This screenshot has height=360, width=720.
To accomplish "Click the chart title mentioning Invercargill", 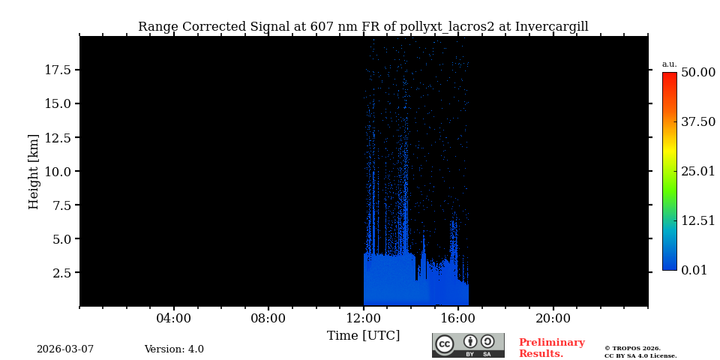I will [363, 27].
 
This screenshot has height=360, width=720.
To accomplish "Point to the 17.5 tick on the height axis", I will [58, 70].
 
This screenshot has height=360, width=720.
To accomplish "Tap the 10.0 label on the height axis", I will [58, 171].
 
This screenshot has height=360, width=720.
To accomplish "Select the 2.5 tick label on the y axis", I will [61, 272].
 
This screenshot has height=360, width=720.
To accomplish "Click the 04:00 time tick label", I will [174, 319].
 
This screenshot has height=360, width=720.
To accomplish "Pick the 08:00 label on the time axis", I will [268, 319].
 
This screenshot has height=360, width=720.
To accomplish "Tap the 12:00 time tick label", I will [364, 319].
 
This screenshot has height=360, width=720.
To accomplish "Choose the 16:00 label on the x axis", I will [458, 319].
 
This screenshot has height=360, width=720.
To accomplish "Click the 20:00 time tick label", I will [553, 319].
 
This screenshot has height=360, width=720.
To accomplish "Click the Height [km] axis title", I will [34, 171].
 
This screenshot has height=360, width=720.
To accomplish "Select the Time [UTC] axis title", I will [364, 336].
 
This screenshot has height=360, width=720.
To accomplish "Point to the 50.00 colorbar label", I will [698, 72].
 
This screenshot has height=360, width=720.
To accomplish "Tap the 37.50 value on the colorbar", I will [698, 121].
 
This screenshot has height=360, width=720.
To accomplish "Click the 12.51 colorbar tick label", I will [698, 220].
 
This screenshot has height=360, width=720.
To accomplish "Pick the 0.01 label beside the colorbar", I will [694, 270].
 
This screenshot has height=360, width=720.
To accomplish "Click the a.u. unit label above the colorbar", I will [669, 64].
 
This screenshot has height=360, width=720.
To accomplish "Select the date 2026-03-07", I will [65, 349].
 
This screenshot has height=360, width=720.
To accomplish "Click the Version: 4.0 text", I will [174, 349].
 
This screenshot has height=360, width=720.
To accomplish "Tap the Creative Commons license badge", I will [468, 345].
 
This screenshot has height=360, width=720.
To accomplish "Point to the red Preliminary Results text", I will [551, 348].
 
